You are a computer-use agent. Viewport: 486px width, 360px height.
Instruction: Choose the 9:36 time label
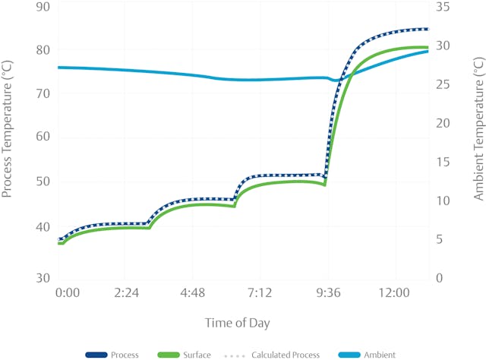pos(329,293)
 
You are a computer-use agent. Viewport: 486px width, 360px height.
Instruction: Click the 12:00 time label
pos(394,293)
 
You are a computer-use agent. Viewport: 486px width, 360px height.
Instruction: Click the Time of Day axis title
pos(237,323)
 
